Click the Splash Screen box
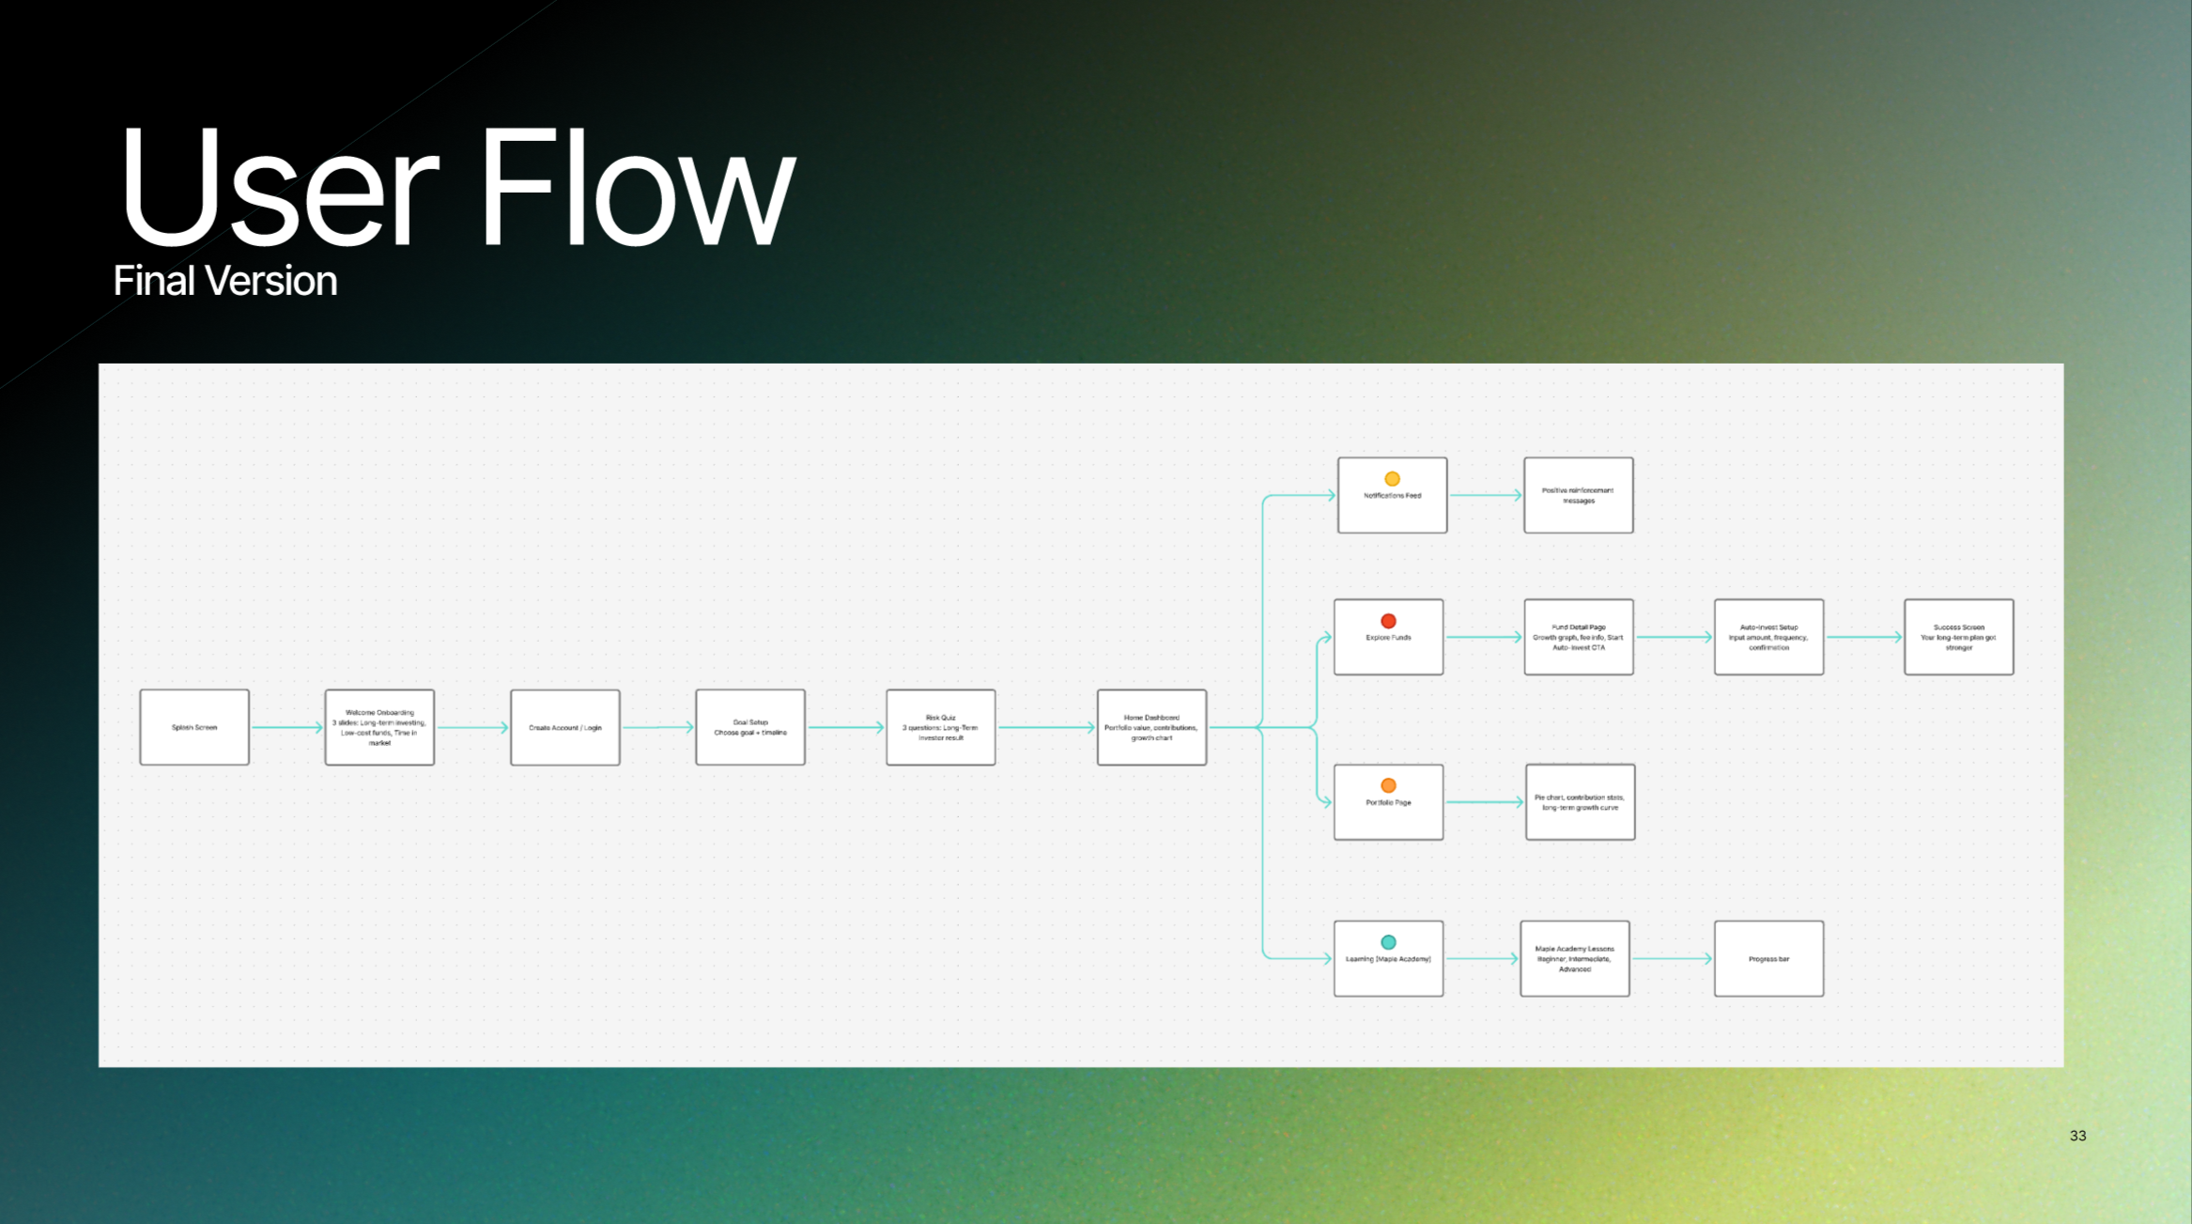point(194,727)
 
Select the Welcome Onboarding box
point(379,727)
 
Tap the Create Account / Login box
point(564,727)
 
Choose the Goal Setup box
point(750,727)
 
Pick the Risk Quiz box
point(940,727)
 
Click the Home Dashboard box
point(1151,727)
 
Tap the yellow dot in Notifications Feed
point(1392,479)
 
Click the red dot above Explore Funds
point(1388,621)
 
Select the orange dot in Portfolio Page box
point(1388,785)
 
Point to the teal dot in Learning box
point(1388,942)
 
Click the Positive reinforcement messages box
point(1578,495)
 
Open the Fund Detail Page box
point(1578,637)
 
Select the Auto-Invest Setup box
point(1768,637)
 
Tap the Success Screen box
point(1958,637)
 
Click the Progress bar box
point(1768,958)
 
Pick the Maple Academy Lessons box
point(1574,958)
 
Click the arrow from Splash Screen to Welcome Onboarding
point(286,727)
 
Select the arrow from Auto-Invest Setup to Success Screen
point(1863,637)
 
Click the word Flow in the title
point(637,188)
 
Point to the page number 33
point(2077,1136)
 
